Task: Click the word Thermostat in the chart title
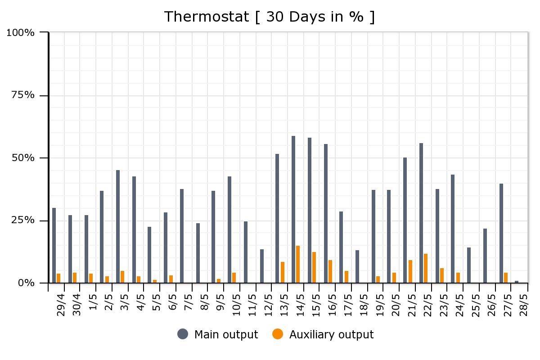pos(207,17)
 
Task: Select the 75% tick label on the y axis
pos(23,95)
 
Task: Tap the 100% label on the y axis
pos(20,32)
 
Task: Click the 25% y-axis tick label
pos(23,220)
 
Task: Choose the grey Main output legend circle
pos(183,334)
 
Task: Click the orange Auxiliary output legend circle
pos(278,334)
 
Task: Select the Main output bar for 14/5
pos(293,209)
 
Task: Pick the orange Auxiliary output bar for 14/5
pos(298,264)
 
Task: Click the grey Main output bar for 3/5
pos(118,226)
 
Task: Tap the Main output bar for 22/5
pos(421,213)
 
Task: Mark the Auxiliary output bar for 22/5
pos(426,268)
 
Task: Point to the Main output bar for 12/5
pos(262,266)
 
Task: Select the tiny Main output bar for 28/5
pos(517,282)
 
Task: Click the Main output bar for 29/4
pos(54,245)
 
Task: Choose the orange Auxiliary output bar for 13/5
pos(283,272)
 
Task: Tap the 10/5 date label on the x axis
pos(236,305)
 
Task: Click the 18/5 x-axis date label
pos(364,305)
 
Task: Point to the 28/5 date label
pos(524,305)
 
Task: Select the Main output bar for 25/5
pos(469,265)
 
